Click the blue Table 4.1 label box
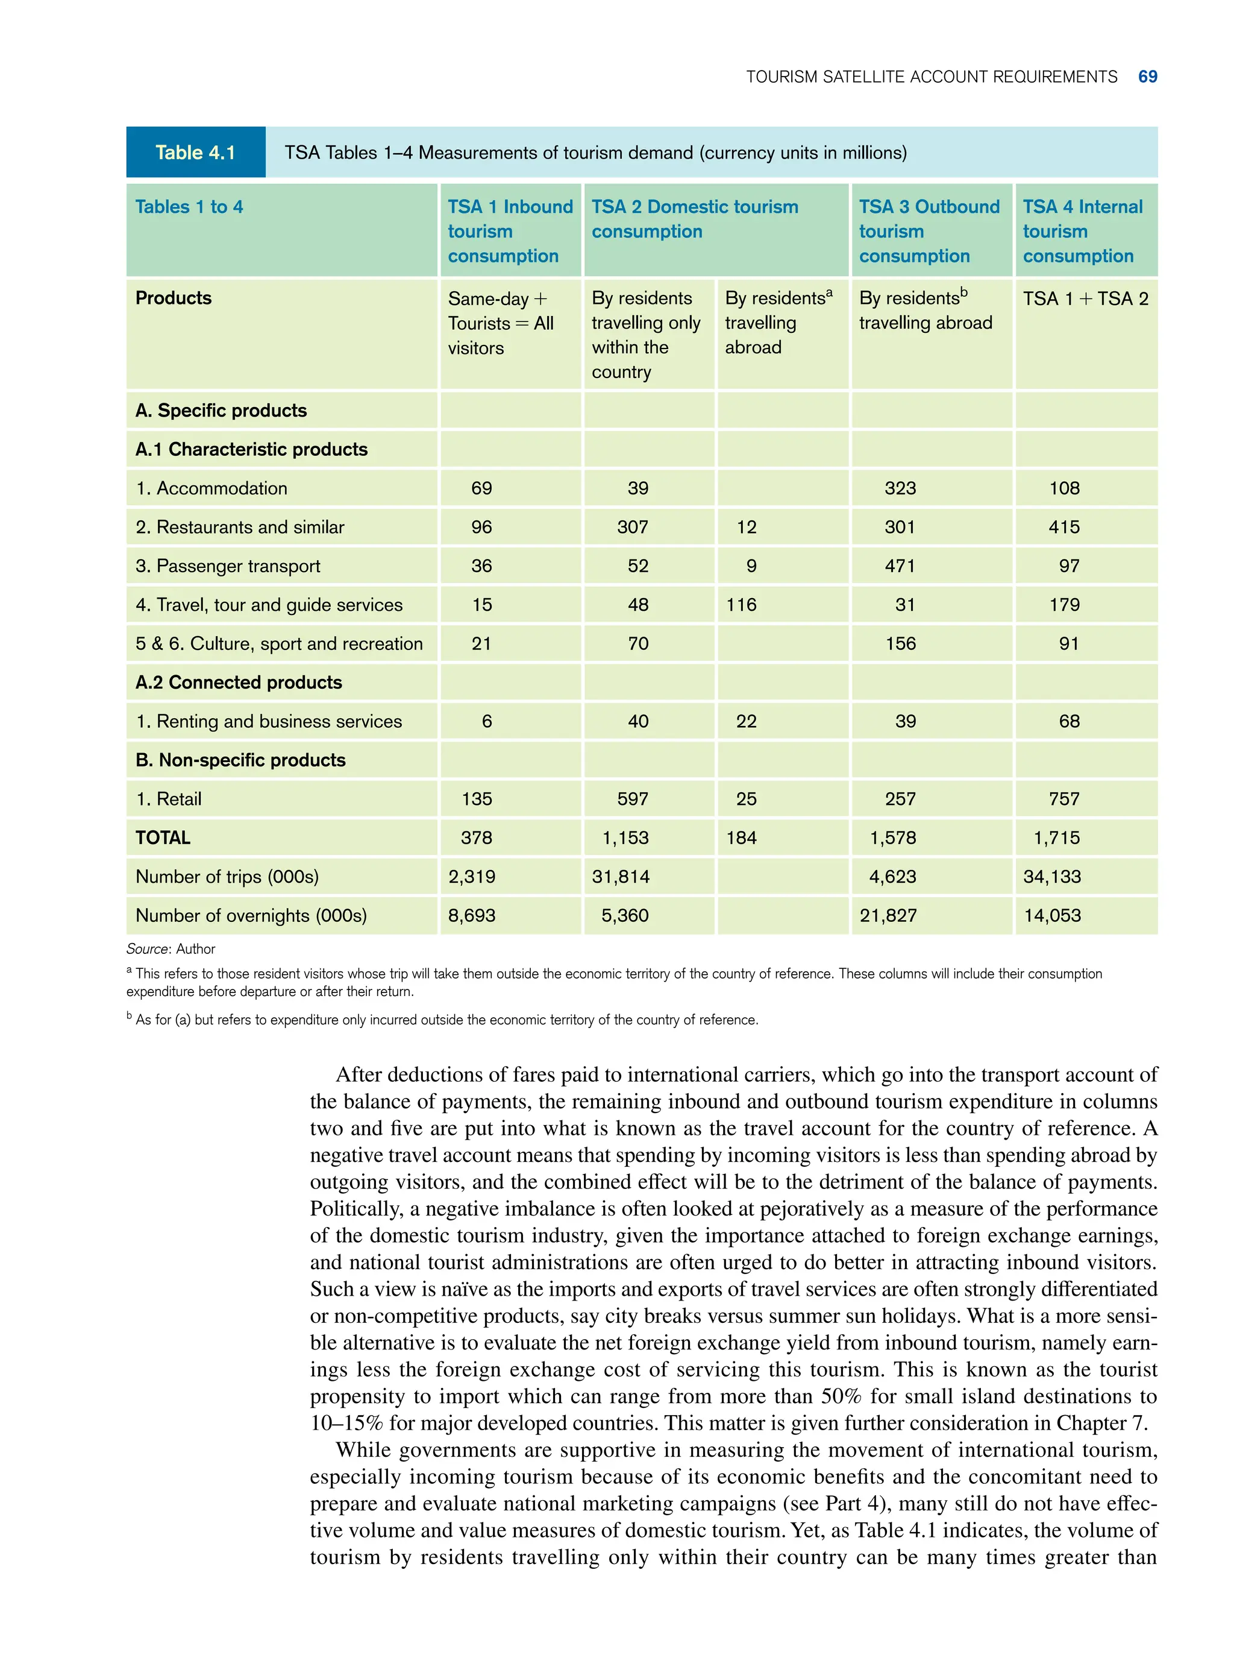click(x=195, y=153)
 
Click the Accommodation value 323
click(x=900, y=488)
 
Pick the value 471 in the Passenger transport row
click(x=900, y=566)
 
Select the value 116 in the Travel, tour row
click(x=741, y=605)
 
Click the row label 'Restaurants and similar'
click(x=240, y=527)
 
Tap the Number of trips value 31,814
click(x=620, y=877)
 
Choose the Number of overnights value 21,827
click(x=888, y=916)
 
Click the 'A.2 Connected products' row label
click(x=238, y=683)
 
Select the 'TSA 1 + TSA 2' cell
click(x=1085, y=299)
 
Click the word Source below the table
click(x=147, y=949)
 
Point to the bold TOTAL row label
click(x=163, y=838)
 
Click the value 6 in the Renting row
click(x=487, y=721)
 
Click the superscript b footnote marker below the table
click(x=129, y=1016)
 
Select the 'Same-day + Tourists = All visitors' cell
click(x=501, y=323)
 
